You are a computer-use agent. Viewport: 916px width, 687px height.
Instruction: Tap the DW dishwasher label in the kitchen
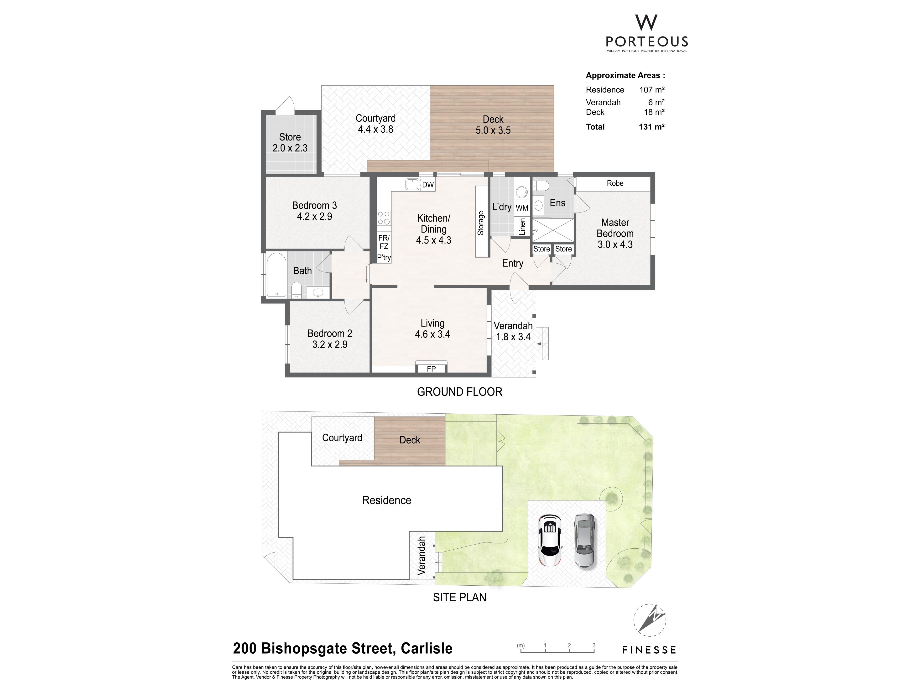[428, 185]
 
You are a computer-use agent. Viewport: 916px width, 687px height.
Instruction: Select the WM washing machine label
[522, 208]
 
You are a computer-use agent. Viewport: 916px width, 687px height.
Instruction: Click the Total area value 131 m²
[651, 127]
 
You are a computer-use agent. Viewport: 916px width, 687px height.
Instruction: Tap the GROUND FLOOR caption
[460, 392]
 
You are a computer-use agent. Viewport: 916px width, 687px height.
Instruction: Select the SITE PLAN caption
[460, 597]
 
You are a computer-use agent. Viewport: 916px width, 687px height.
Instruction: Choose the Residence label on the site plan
[386, 500]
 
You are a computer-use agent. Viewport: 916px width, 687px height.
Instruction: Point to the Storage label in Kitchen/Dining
[481, 223]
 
